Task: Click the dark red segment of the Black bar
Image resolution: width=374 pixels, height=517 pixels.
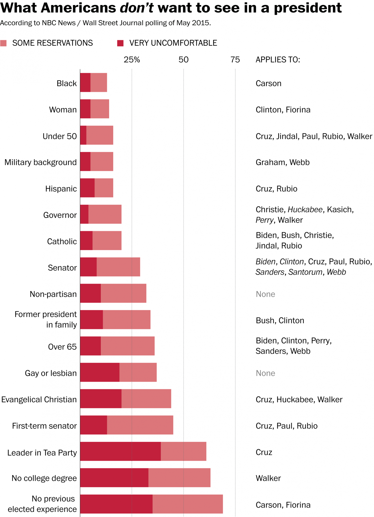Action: click(85, 82)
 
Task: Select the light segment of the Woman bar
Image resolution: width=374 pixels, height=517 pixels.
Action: click(100, 109)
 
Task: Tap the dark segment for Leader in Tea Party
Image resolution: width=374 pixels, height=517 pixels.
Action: click(120, 451)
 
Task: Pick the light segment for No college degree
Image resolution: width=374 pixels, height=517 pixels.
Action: click(179, 478)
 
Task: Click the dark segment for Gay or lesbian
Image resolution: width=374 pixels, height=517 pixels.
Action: click(100, 372)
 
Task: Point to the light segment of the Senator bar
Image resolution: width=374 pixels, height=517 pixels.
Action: click(118, 267)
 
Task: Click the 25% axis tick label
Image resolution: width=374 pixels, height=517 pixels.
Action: click(132, 60)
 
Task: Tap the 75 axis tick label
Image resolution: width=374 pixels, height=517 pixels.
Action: click(235, 60)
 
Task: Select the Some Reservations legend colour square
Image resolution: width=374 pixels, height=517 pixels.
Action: click(4, 43)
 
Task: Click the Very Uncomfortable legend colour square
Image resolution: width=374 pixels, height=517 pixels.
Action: click(120, 43)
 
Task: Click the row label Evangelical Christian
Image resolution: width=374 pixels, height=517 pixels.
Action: click(39, 399)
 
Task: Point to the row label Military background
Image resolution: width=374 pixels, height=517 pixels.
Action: click(41, 162)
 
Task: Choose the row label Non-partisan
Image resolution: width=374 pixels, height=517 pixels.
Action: click(53, 294)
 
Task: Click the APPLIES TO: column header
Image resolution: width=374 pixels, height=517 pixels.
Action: click(278, 60)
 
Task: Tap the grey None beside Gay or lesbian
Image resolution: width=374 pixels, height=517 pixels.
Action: click(265, 373)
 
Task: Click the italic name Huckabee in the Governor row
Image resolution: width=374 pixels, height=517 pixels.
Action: click(305, 210)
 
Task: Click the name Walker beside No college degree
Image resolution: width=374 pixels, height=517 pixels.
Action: click(268, 478)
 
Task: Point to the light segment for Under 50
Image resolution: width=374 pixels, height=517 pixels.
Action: click(100, 135)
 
